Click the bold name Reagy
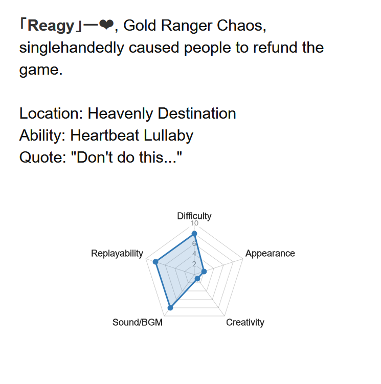click(x=51, y=26)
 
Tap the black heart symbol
click(x=106, y=25)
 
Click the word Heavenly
click(x=120, y=114)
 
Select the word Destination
click(x=197, y=114)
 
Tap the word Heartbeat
click(x=105, y=135)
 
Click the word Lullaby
click(x=169, y=136)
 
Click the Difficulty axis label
click(x=194, y=216)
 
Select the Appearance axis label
click(x=270, y=254)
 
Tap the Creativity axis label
click(x=245, y=323)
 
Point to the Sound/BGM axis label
click(x=138, y=323)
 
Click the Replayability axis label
click(x=117, y=254)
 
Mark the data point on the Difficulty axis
click(x=194, y=234)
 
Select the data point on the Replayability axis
click(x=155, y=262)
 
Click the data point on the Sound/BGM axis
click(x=170, y=308)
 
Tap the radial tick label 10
click(x=194, y=223)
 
